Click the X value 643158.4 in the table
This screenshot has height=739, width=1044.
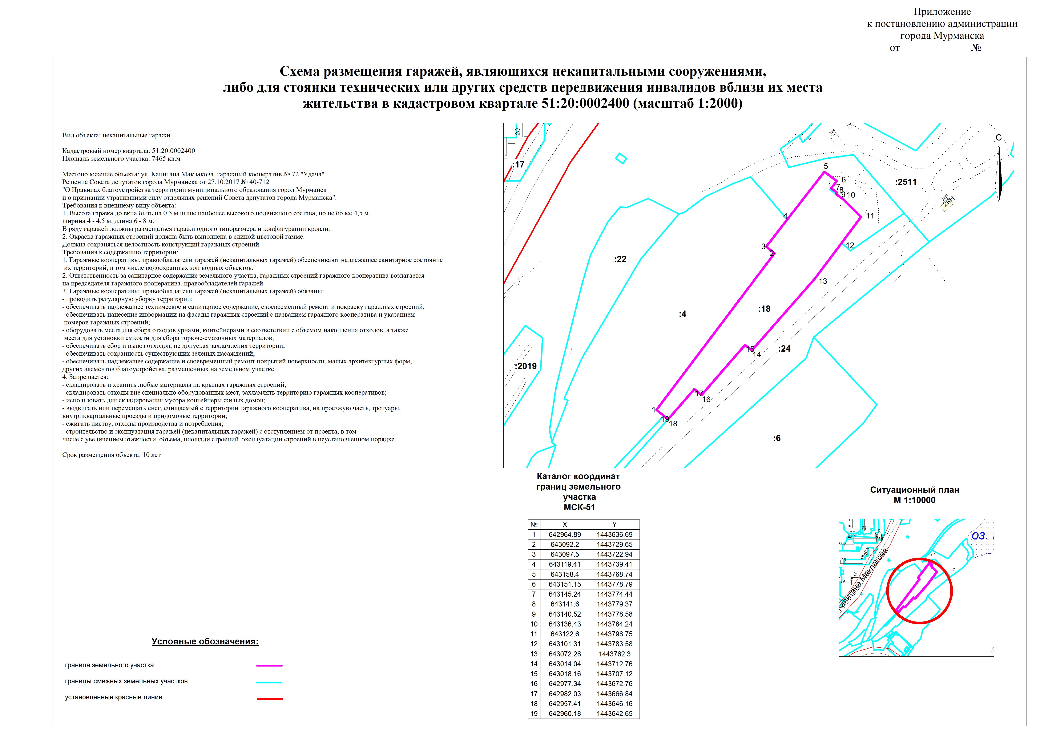[565, 574]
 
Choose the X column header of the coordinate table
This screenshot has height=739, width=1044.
[565, 524]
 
